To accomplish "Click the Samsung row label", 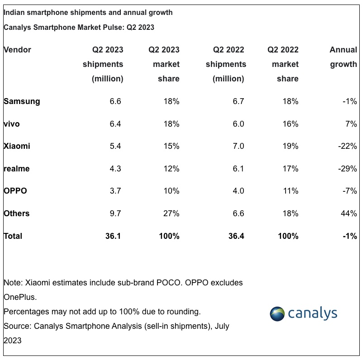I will (22, 101).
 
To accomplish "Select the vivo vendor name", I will (12, 124).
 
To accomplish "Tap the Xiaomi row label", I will (17, 146).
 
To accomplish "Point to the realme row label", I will (16, 169).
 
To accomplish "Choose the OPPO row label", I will (15, 191).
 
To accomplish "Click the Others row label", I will (17, 213).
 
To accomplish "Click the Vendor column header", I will (17, 50).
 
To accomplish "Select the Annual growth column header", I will (343, 57).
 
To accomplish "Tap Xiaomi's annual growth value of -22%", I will (348, 146).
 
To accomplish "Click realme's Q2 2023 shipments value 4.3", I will (115, 169).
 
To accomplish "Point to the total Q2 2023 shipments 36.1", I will (113, 236).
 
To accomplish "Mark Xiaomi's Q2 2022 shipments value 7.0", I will (238, 146).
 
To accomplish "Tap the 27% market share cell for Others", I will (171, 213).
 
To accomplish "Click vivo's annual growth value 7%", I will (351, 124).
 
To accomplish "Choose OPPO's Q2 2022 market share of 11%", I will (290, 191).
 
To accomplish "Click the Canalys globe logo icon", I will (277, 313).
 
